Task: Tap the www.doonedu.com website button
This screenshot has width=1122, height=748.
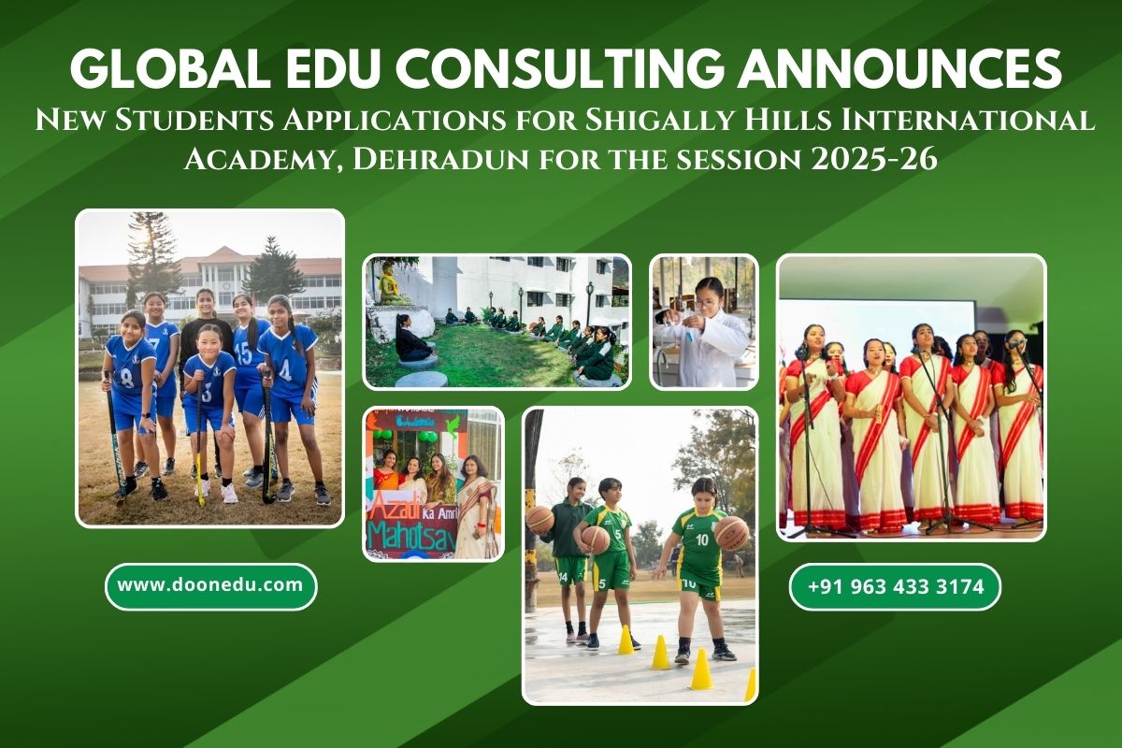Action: click(211, 585)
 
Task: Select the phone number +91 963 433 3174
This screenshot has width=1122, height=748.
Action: click(895, 586)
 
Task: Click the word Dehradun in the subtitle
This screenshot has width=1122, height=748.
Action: click(440, 160)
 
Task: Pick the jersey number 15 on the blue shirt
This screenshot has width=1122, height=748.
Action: click(244, 353)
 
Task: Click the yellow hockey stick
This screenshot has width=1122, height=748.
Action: click(199, 441)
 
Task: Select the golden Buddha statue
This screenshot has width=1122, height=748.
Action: click(388, 284)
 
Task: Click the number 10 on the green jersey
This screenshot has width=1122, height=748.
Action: click(702, 539)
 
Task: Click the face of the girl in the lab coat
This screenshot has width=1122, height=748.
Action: click(707, 298)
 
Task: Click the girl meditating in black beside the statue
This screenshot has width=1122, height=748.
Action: click(411, 338)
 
